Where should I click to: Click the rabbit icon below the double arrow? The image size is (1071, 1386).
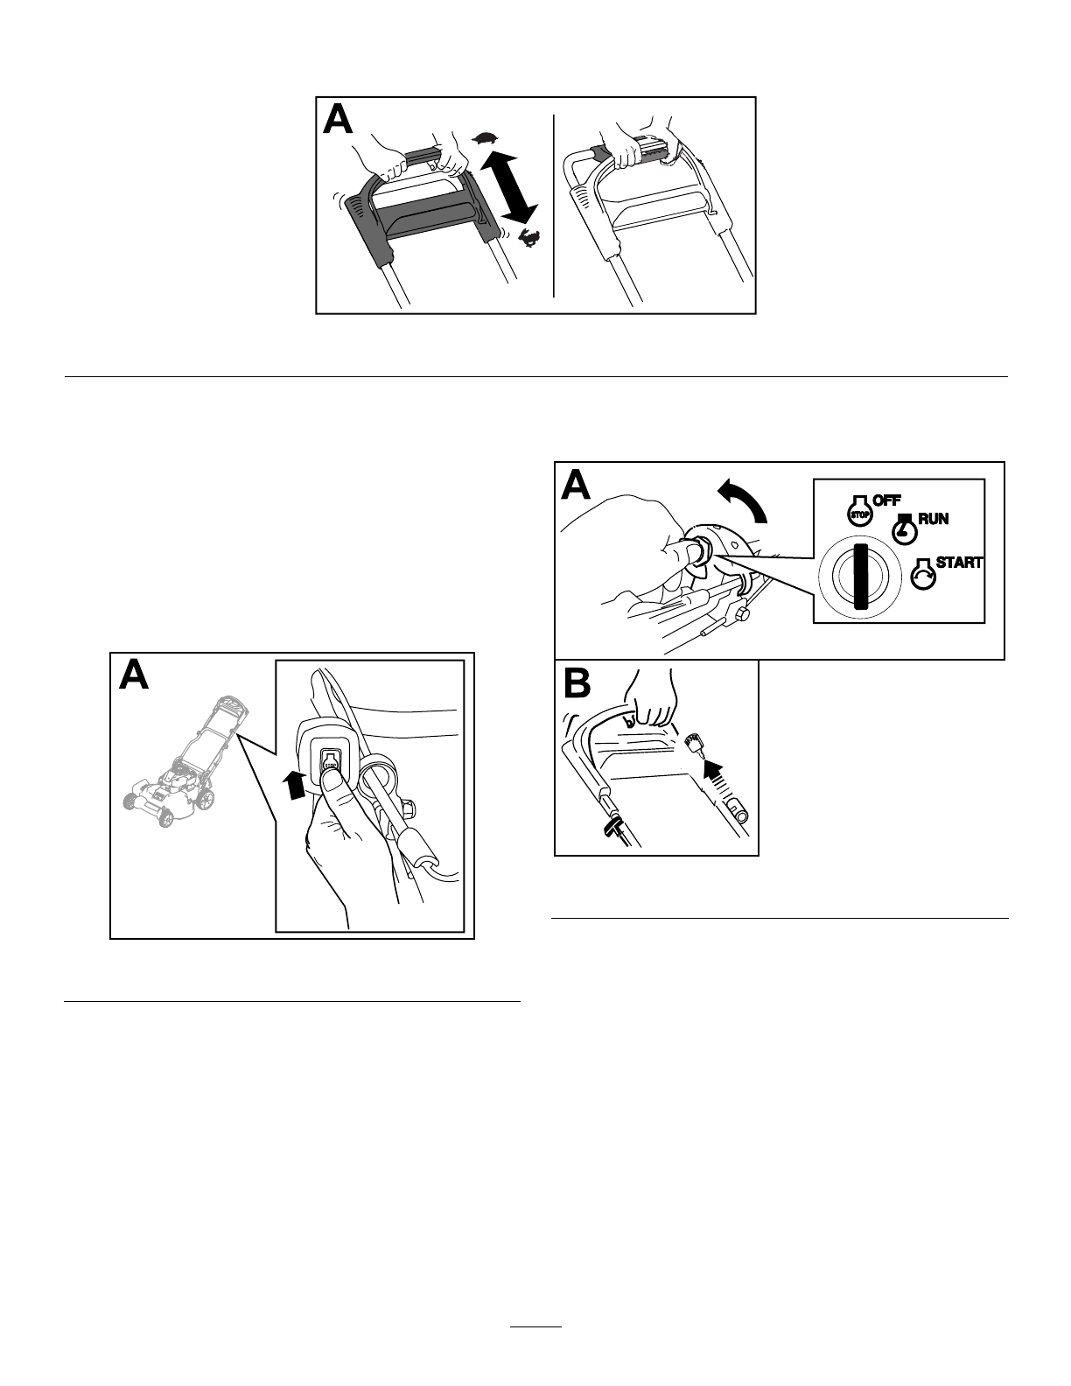pos(528,237)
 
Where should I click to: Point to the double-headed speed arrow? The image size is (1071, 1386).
pos(509,186)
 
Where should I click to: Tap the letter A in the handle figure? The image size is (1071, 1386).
pos(338,120)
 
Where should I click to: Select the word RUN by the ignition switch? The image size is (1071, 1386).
pos(934,519)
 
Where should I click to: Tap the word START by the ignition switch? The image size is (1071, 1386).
pos(959,563)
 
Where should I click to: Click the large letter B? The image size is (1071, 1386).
pos(577,683)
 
